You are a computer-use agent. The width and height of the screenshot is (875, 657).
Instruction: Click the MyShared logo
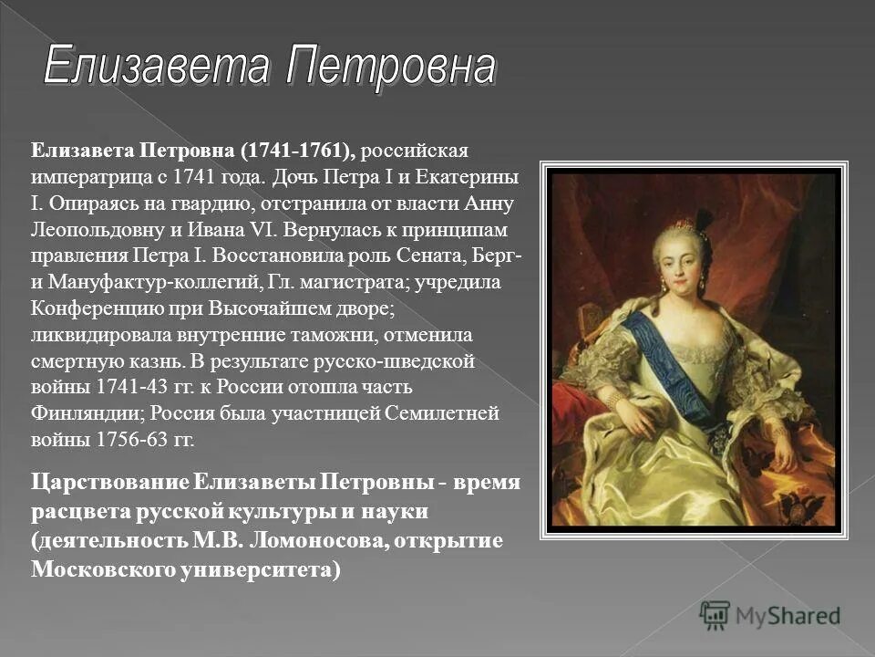click(x=770, y=615)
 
